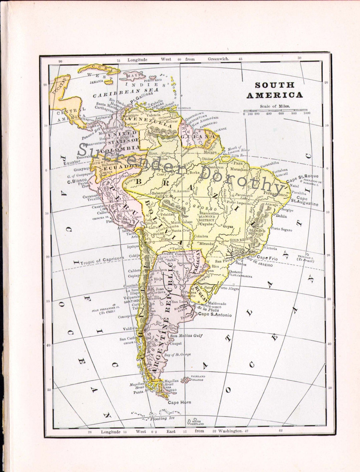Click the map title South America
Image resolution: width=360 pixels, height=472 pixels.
274,90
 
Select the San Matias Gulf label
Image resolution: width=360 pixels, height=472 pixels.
186,336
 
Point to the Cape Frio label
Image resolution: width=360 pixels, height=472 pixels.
267,258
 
